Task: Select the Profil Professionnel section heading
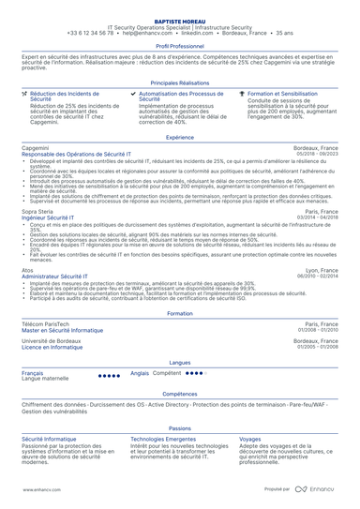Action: point(179,45)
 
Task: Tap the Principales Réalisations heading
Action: point(179,83)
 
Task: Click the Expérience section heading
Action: point(179,137)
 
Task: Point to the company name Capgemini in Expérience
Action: point(35,149)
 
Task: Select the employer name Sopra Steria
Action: point(37,212)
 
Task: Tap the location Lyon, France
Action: point(322,271)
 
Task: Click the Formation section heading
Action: point(179,313)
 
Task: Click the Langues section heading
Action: point(179,361)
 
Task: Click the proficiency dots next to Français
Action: point(109,375)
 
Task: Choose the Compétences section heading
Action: point(179,394)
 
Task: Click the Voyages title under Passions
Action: point(250,438)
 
